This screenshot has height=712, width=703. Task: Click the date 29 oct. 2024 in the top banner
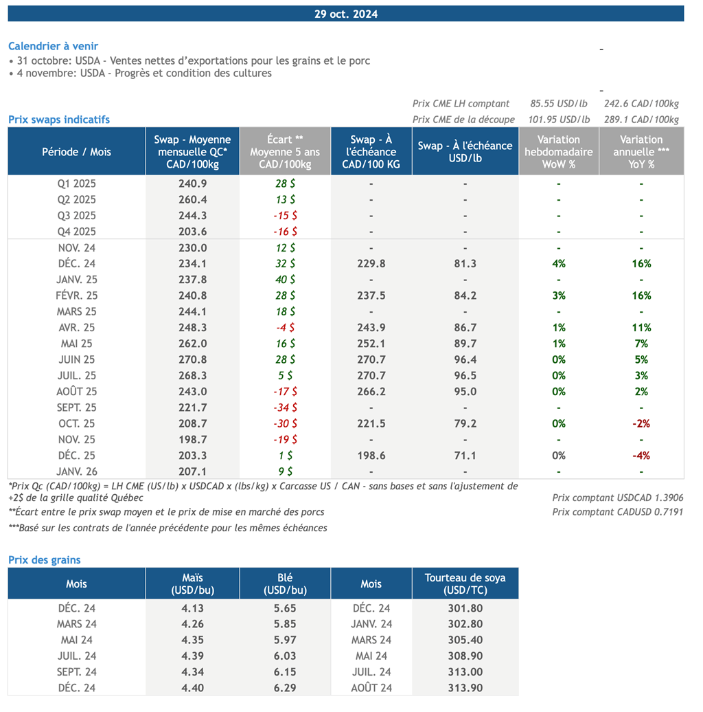click(x=346, y=14)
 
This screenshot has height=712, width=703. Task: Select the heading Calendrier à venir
click(x=53, y=46)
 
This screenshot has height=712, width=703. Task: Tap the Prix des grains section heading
click(x=44, y=559)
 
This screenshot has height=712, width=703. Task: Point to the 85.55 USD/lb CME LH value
click(x=558, y=104)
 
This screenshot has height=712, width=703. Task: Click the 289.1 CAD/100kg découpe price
click(x=641, y=120)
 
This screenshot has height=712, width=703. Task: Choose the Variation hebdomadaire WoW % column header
click(x=558, y=151)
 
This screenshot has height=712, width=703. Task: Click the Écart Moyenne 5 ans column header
click(x=284, y=151)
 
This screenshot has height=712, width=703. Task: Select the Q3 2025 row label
click(x=76, y=216)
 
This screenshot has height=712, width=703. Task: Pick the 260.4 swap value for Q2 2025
click(x=192, y=200)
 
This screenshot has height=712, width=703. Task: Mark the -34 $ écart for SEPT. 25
click(x=284, y=408)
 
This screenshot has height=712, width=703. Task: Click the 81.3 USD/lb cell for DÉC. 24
click(x=465, y=264)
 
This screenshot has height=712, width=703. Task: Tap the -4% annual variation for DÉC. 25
click(x=641, y=456)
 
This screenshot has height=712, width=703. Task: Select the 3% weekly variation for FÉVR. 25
click(x=558, y=296)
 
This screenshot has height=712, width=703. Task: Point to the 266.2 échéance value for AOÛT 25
click(x=371, y=392)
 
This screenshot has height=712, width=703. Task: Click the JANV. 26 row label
click(x=76, y=471)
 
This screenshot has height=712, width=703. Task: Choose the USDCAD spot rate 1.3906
click(x=618, y=498)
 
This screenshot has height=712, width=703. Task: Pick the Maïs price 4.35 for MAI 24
click(x=192, y=640)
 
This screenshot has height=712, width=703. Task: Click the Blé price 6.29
click(x=284, y=688)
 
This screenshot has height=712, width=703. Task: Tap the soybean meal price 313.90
click(x=465, y=688)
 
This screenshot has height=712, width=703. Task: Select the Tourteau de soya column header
click(x=465, y=583)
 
